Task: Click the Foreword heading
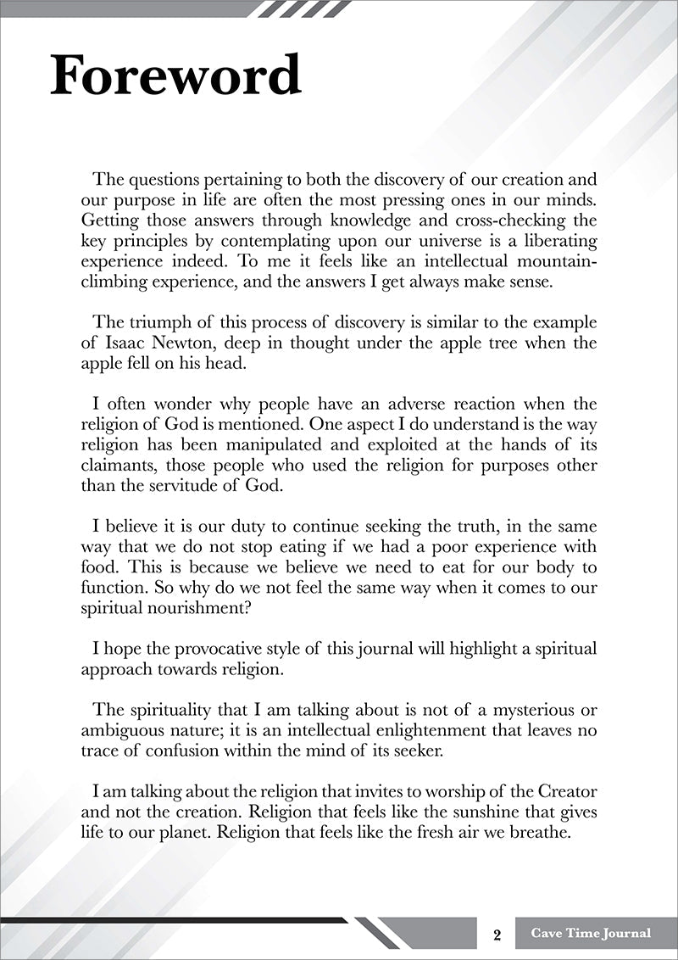(175, 75)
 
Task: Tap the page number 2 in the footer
(497, 935)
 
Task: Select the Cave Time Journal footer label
(591, 933)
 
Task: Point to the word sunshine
(458, 812)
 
